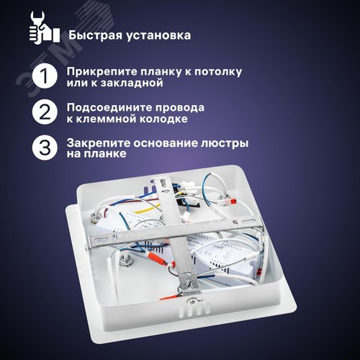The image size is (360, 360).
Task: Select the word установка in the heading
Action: pos(156,34)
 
